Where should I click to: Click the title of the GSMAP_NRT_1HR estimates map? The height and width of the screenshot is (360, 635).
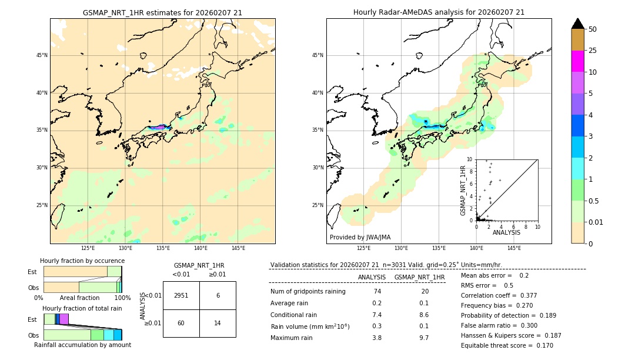[162, 12]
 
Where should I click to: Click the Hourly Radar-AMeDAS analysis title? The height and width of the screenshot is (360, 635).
[439, 12]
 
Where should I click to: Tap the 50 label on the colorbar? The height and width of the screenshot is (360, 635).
[593, 29]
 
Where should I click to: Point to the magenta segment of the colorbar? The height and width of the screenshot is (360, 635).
[577, 61]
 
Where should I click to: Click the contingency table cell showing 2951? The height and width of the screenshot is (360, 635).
[181, 295]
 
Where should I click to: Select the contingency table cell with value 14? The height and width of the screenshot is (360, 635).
[218, 323]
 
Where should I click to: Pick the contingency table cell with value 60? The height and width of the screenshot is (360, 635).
[181, 323]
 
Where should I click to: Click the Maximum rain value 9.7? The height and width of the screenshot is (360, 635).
[423, 338]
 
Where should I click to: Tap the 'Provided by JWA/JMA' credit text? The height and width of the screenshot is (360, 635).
[360, 237]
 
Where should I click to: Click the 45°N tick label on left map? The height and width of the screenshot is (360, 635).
[42, 55]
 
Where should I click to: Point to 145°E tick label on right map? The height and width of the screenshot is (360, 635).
[514, 248]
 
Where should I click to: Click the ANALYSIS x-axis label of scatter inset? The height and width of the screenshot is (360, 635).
[506, 232]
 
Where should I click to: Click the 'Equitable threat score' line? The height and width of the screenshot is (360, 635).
[506, 345]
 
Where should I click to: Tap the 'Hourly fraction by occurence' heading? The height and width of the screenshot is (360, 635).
[82, 261]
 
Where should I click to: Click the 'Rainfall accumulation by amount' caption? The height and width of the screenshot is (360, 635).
[82, 345]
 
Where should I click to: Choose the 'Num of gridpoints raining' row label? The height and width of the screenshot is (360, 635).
[308, 291]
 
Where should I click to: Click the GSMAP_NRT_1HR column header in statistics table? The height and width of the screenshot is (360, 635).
[419, 277]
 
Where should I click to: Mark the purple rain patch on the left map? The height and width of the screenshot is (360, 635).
[158, 127]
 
